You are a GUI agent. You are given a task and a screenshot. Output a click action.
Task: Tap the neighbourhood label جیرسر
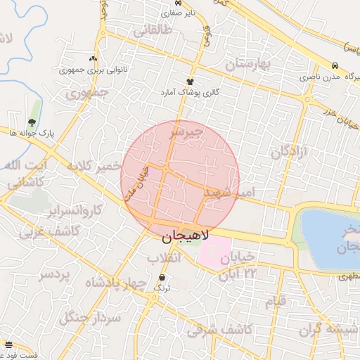pyautogui.click(x=186, y=131)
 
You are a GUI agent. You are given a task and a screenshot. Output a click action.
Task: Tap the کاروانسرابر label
pyautogui.click(x=72, y=210)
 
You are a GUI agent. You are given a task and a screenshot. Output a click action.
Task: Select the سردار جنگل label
pyautogui.click(x=91, y=318)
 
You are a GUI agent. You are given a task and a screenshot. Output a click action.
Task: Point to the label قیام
pyautogui.click(x=276, y=302)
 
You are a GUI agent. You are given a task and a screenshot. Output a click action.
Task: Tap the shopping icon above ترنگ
pyautogui.click(x=162, y=278)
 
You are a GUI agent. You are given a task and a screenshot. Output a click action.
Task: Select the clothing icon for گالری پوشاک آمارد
pyautogui.click(x=190, y=82)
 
